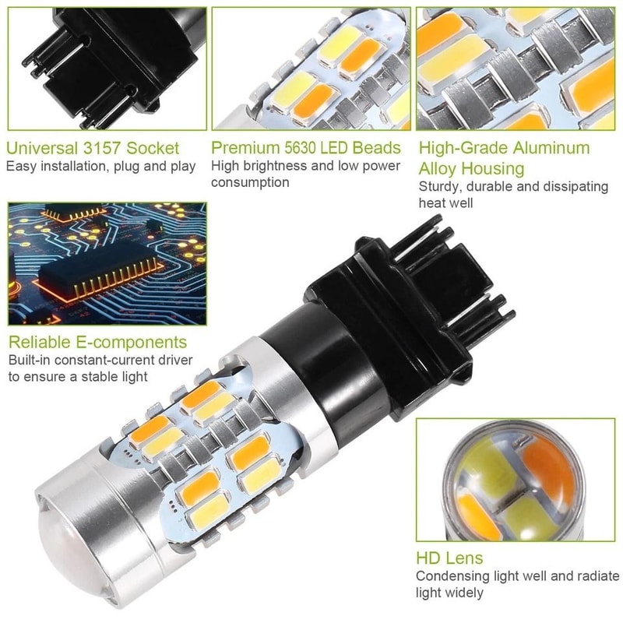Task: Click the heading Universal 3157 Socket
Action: tap(93, 148)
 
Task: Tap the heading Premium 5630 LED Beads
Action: tap(306, 148)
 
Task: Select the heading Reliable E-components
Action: tap(97, 342)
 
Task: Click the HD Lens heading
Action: tap(449, 558)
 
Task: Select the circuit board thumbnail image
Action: tap(107, 265)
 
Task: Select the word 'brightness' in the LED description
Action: tap(273, 166)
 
